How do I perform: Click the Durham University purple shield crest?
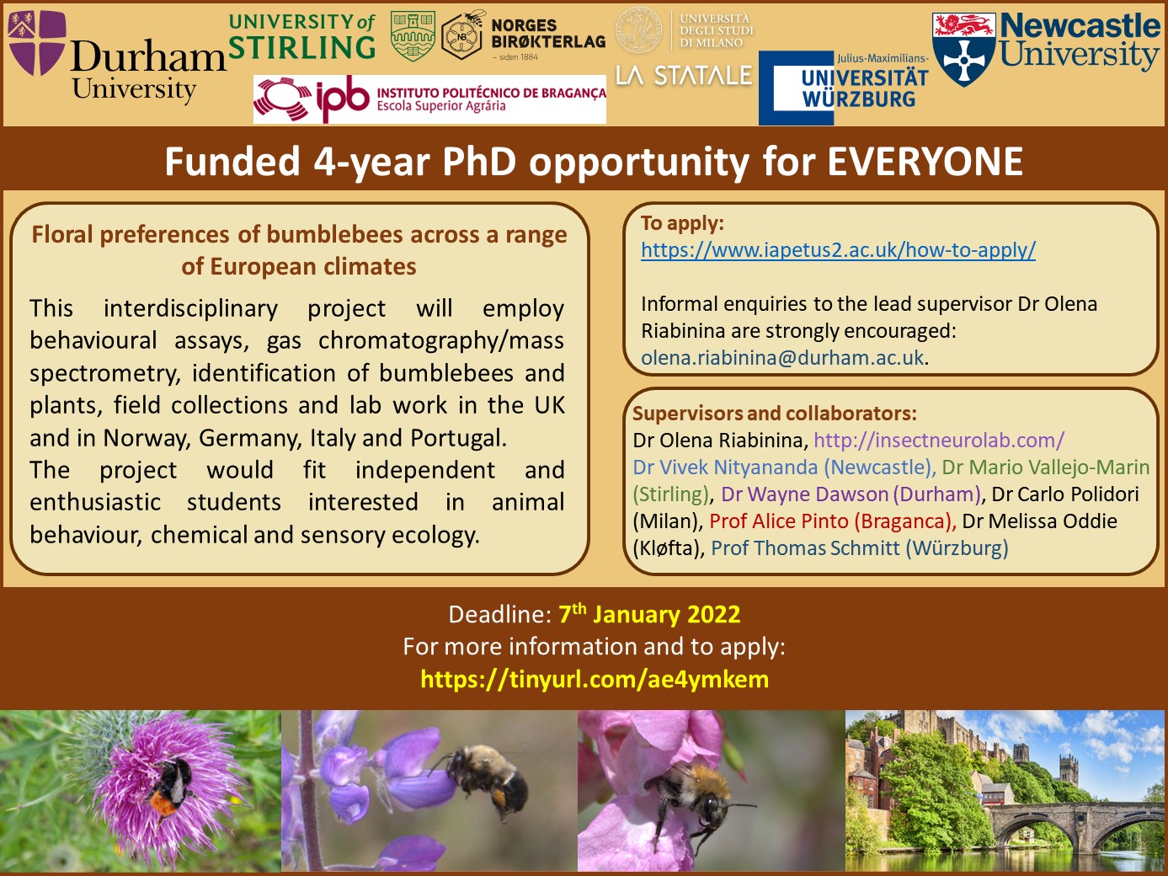[x=37, y=43]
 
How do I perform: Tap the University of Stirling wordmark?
[x=302, y=36]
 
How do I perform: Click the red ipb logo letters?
[x=343, y=99]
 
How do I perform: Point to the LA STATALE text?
[x=684, y=76]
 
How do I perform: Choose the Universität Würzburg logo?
[x=844, y=88]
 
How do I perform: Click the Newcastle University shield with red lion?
[x=963, y=49]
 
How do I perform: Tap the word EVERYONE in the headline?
[x=925, y=161]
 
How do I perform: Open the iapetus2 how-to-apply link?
[x=838, y=249]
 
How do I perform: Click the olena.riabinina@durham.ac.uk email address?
[x=782, y=358]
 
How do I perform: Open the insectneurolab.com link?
[x=939, y=441]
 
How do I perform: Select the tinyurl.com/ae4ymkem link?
[x=595, y=679]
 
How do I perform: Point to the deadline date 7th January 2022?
[x=649, y=614]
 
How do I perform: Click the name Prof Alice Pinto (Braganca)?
[x=832, y=521]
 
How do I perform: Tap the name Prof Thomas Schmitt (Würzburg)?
[x=860, y=548]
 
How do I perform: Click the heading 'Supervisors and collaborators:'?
[x=775, y=413]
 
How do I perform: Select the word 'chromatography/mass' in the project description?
[x=441, y=340]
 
